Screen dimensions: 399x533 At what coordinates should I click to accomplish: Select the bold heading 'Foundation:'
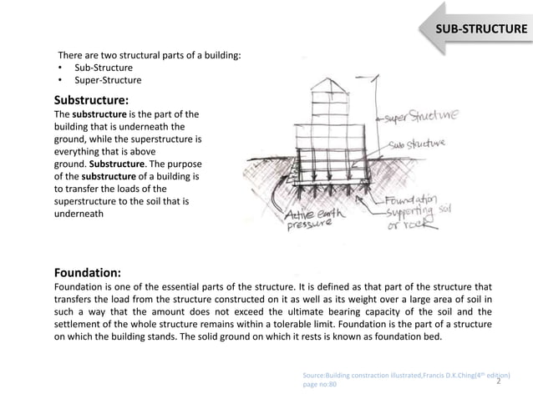click(87, 272)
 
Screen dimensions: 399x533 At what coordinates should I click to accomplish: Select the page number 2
click(499, 381)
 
